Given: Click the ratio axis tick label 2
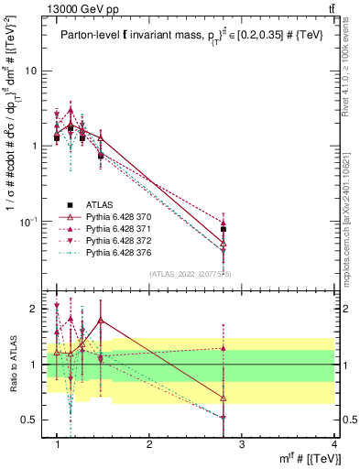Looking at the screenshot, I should point(34,309).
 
